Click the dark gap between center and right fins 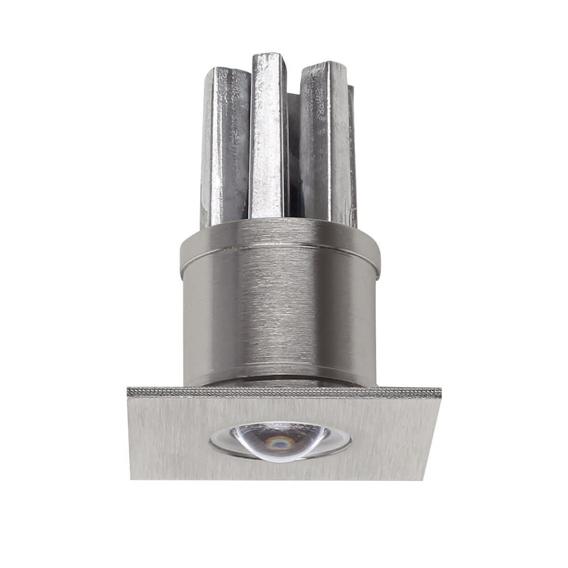tap(292, 159)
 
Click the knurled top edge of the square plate tap(284, 392)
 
